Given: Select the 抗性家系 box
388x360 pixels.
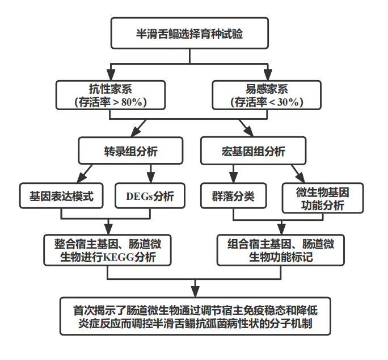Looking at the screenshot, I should pyautogui.click(x=111, y=95).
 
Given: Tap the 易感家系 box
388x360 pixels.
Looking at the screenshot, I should pyautogui.click(x=266, y=95).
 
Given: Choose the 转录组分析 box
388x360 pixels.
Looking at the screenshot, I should pyautogui.click(x=130, y=150).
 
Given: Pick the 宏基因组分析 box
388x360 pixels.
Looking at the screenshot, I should pyautogui.click(x=253, y=150).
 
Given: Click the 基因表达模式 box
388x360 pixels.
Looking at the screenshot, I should pyautogui.click(x=61, y=196).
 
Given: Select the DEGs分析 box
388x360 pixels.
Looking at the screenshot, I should pyautogui.click(x=150, y=196).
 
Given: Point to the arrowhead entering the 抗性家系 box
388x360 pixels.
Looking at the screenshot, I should pyautogui.click(x=111, y=76).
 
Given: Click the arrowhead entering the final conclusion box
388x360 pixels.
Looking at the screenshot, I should pyautogui.click(x=196, y=292).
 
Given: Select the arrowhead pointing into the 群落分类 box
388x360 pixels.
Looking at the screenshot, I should pyautogui.click(x=232, y=177).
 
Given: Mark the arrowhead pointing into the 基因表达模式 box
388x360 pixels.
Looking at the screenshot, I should pyautogui.click(x=75, y=177).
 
